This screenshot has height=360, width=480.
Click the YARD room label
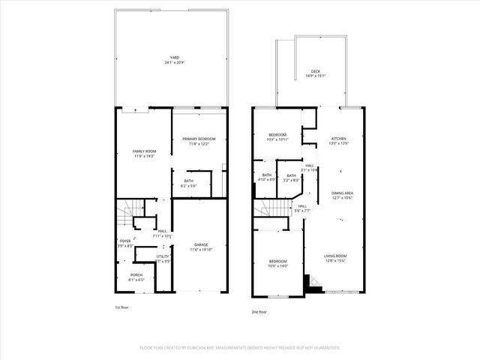tap(174, 57)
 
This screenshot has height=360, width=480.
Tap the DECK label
tap(316, 71)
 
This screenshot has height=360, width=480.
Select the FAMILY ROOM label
tap(144, 151)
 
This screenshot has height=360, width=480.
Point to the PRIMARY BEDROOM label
tap(199, 139)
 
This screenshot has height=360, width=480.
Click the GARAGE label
tap(201, 244)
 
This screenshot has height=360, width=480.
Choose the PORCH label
tap(136, 274)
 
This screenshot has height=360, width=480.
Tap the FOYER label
tap(124, 241)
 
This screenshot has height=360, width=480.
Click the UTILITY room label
tap(163, 256)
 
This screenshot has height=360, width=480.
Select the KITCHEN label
tap(339, 139)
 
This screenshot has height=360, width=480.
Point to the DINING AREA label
tap(343, 193)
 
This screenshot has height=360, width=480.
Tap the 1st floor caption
tap(122, 307)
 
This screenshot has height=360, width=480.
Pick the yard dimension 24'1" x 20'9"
tap(174, 61)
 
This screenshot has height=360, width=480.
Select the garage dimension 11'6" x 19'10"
tap(201, 249)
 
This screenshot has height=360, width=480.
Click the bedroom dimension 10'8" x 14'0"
tap(278, 265)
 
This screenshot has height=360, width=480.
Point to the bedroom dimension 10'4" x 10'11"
tap(278, 139)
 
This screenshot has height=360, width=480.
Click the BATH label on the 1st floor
tap(188, 181)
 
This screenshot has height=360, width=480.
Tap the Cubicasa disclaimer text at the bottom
tap(240, 348)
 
